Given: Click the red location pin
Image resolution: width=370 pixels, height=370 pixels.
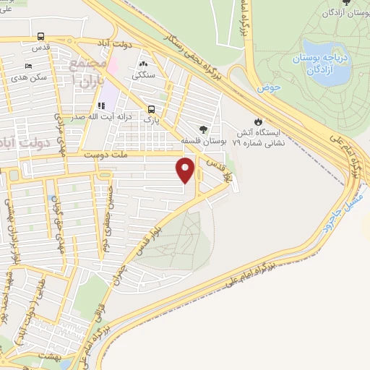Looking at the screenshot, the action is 186,170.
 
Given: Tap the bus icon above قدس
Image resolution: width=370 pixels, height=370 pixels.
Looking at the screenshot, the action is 40,36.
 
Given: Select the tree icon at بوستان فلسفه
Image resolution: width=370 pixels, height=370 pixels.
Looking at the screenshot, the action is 203,131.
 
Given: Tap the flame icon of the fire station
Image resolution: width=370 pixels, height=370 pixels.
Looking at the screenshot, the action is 258,122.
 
